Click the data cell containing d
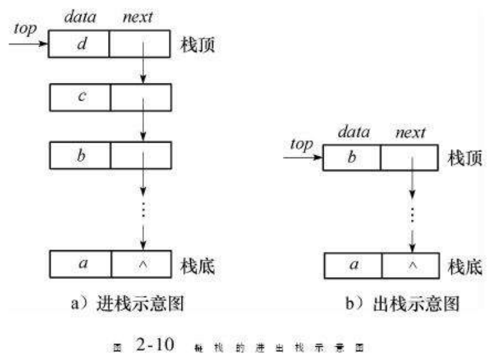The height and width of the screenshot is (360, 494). tap(79, 44)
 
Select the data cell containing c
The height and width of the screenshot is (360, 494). tap(79, 98)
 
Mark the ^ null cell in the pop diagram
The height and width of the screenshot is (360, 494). tap(412, 265)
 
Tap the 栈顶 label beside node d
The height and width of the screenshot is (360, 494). tap(199, 45)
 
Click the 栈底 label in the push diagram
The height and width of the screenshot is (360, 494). tap(199, 265)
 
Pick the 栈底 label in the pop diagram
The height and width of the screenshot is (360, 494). tap(465, 266)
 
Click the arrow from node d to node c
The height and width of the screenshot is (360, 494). tap(144, 70)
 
